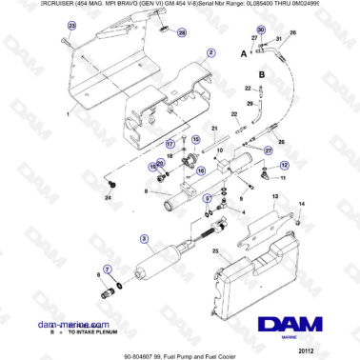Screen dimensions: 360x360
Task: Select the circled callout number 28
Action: click(x=182, y=32)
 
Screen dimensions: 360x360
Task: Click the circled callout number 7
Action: click(x=107, y=269)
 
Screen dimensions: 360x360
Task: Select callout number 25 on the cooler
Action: click(x=215, y=251)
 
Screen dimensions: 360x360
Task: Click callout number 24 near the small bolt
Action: click(x=108, y=197)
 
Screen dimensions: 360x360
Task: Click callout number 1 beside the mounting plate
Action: click(x=58, y=112)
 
